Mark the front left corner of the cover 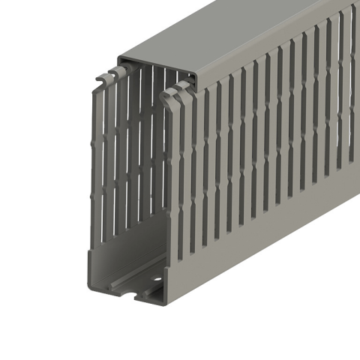pyautogui.click(x=118, y=58)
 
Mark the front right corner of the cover pyautogui.click(x=196, y=76)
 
